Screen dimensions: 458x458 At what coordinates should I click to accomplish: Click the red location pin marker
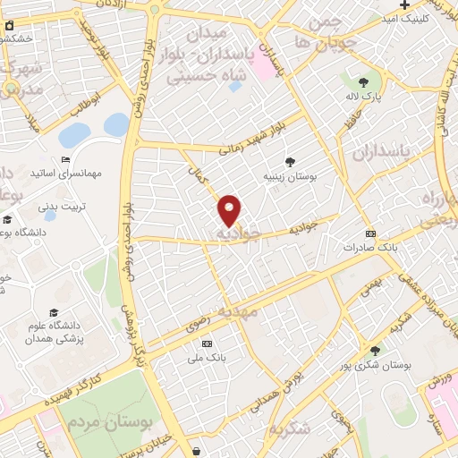click(230, 209)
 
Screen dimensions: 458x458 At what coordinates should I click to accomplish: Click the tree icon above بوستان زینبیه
click(291, 162)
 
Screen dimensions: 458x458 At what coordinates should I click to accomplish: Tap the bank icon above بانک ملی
click(208, 344)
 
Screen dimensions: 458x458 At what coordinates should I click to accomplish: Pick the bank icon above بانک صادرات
click(371, 233)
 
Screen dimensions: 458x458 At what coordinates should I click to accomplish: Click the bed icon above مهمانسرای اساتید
click(65, 159)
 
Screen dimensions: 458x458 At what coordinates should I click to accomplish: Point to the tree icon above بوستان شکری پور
click(375, 351)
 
